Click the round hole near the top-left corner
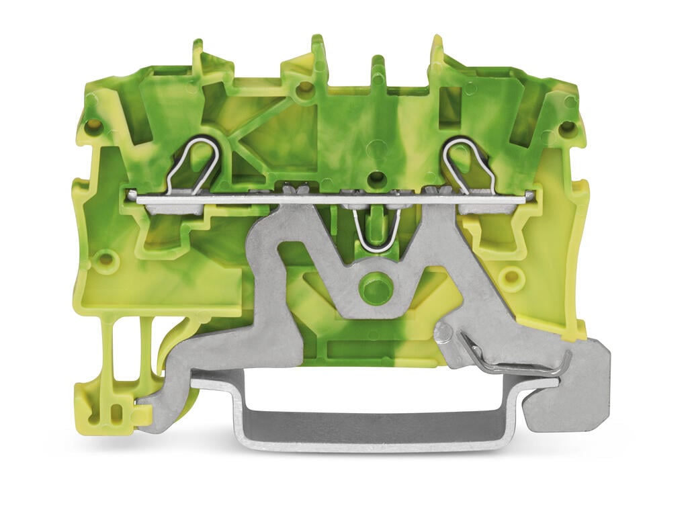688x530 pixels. coord(93,126)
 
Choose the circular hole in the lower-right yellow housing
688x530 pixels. coord(513,277)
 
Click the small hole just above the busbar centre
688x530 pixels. coord(377,178)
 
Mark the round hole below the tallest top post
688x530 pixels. coord(305,87)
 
